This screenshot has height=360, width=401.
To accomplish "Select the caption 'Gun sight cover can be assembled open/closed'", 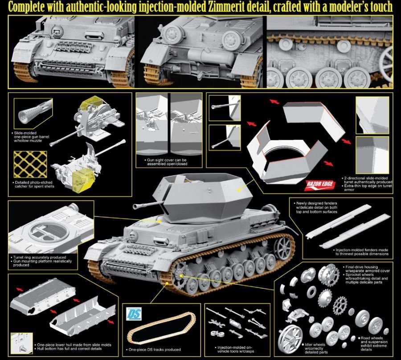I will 166,161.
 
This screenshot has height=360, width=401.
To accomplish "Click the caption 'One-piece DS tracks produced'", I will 155,350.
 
